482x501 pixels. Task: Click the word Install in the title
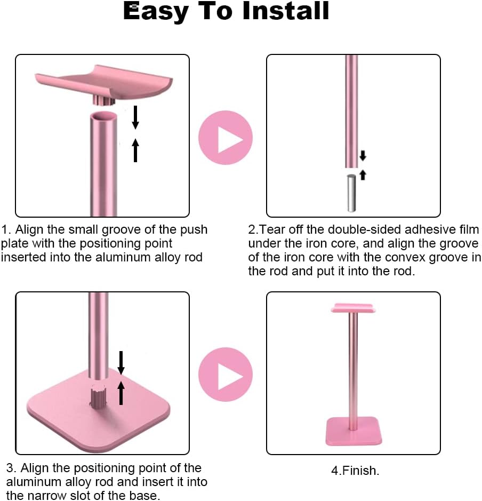pyautogui.click(x=286, y=11)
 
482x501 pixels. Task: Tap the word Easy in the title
pyautogui.click(x=156, y=13)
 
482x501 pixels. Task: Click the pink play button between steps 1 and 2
pyautogui.click(x=226, y=138)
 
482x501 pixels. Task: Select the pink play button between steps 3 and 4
pyautogui.click(x=226, y=375)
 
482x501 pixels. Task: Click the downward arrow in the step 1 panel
pyautogui.click(x=135, y=117)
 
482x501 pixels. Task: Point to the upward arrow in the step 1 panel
pyautogui.click(x=135, y=150)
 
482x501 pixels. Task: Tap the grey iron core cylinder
pyautogui.click(x=351, y=193)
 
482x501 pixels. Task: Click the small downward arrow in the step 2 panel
pyautogui.click(x=363, y=155)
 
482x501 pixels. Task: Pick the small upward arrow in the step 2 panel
pyautogui.click(x=363, y=175)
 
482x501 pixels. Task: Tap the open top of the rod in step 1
pyautogui.click(x=103, y=116)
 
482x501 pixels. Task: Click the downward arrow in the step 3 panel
pyautogui.click(x=121, y=363)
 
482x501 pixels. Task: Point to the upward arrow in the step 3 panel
pyautogui.click(x=121, y=393)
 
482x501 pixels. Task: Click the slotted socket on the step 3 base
pyautogui.click(x=98, y=397)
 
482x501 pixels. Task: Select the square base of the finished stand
pyautogui.click(x=354, y=431)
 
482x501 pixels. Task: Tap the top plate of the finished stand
pyautogui.click(x=353, y=308)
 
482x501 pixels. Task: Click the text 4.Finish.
pyautogui.click(x=355, y=471)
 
